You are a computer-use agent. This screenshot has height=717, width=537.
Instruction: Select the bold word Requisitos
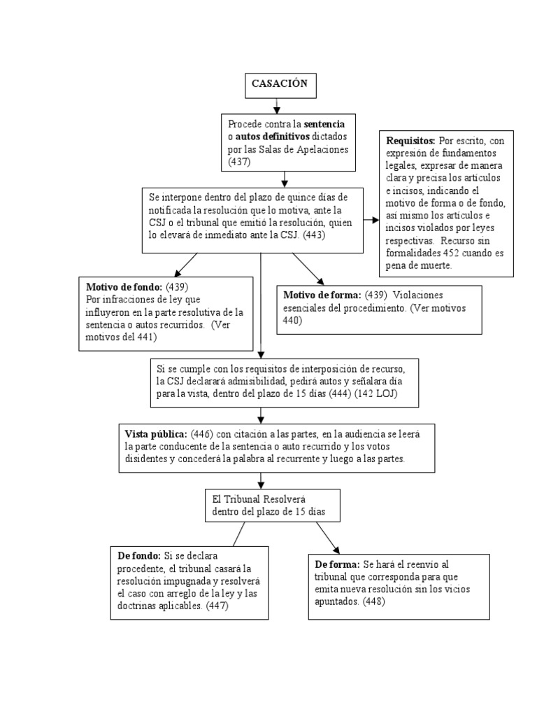(x=410, y=141)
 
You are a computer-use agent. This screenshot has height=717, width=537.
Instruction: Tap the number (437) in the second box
(x=240, y=162)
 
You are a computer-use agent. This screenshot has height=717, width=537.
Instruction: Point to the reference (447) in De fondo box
(x=217, y=606)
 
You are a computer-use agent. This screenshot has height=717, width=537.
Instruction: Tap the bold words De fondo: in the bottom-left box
(x=139, y=556)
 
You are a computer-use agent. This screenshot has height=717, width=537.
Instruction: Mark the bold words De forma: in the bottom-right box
(x=338, y=564)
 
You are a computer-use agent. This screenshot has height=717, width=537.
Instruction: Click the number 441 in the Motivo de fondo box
(x=147, y=337)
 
